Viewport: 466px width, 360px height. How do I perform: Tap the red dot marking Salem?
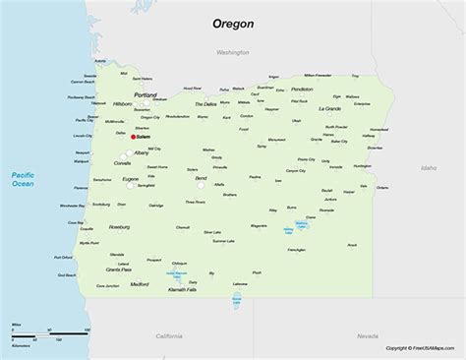pos(134,137)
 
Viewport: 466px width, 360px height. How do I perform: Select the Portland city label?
pos(145,94)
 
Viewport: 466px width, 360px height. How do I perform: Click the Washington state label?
pos(235,50)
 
